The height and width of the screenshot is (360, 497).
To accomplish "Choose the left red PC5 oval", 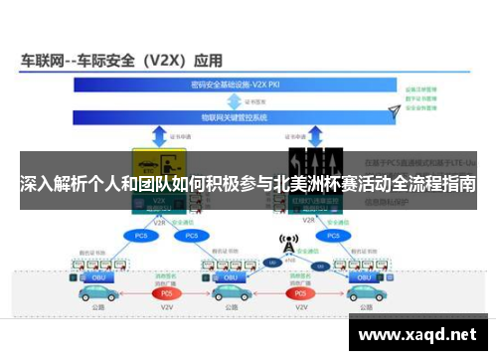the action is point(168,293).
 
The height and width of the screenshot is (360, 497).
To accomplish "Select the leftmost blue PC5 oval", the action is point(138,236).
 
